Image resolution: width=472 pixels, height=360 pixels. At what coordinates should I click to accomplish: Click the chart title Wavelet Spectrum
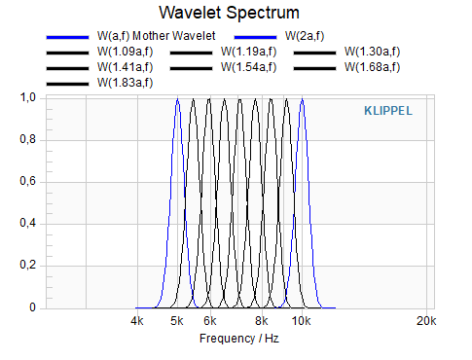(229, 13)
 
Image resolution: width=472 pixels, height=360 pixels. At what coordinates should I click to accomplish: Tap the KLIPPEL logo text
(388, 111)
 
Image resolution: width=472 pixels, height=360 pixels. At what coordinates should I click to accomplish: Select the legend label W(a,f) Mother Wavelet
(156, 36)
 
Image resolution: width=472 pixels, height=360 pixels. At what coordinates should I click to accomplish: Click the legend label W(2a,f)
(305, 36)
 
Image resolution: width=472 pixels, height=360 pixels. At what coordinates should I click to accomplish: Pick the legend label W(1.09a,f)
(125, 52)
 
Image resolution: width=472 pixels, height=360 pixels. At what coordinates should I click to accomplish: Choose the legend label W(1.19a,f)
(249, 52)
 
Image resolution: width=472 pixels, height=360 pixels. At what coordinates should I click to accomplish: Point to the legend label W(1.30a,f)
(373, 52)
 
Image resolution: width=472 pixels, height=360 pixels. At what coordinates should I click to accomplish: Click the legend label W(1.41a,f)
(125, 67)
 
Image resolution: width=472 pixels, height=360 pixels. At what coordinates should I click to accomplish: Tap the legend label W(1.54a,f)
(249, 67)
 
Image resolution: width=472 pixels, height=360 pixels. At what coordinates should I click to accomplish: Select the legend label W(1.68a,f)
(373, 67)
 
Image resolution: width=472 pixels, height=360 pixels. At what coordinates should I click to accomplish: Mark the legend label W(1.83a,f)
(125, 83)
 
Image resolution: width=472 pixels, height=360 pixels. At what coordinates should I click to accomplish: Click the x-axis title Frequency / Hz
(239, 339)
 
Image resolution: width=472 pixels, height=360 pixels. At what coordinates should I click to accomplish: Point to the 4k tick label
(137, 321)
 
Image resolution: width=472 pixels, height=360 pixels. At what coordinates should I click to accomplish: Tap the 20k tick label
(426, 321)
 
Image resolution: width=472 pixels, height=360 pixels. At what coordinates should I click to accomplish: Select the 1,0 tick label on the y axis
(28, 97)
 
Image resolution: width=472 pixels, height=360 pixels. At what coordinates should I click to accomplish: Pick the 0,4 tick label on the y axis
(28, 223)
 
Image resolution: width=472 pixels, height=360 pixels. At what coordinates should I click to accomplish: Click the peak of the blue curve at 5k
(177, 98)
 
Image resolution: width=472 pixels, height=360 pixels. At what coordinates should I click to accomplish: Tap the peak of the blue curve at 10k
(303, 98)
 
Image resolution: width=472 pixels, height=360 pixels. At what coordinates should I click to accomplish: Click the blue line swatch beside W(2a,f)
(255, 37)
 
